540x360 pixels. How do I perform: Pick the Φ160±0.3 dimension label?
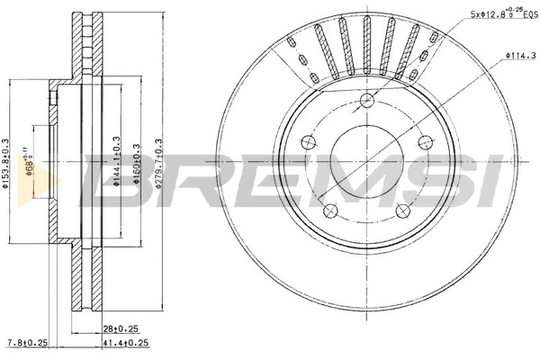coord(137,162)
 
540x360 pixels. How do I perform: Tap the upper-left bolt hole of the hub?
coord(307,142)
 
